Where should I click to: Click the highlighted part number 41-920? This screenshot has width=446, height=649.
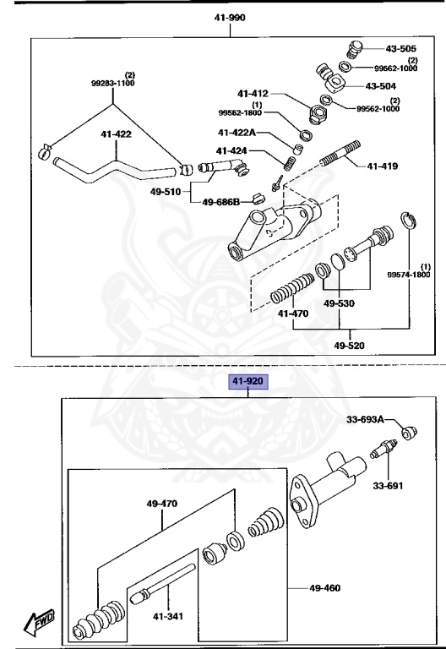click(x=247, y=382)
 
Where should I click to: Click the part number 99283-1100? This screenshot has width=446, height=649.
click(x=113, y=84)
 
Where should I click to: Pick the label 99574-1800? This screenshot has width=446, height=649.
click(x=408, y=275)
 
